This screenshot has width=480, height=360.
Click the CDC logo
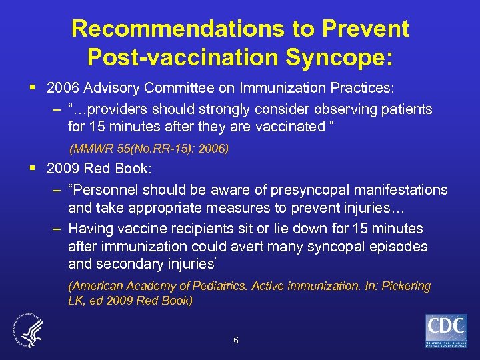[446, 331]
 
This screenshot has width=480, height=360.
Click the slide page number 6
[236, 340]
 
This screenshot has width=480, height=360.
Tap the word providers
[117, 109]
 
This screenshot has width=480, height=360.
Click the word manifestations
[392, 190]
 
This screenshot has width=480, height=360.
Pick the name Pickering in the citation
[402, 286]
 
